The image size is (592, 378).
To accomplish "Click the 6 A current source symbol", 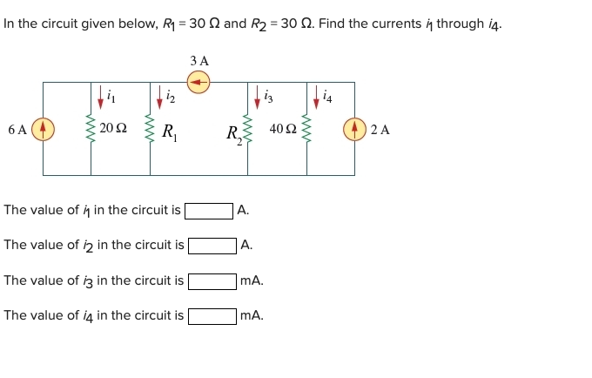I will tap(43, 129).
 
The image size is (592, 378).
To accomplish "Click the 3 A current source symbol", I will tap(199, 83).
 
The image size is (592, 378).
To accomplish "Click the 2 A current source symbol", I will tap(354, 129).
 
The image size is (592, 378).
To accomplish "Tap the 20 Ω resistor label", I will tap(113, 129).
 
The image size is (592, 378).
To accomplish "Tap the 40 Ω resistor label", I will tap(283, 129).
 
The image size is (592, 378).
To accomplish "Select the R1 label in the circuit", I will tap(170, 132).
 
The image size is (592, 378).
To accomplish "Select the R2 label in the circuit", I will tap(232, 134).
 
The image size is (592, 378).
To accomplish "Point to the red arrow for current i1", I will tap(100, 98).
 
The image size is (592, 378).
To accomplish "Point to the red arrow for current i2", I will tap(160, 98).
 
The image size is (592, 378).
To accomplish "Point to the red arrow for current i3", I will tap(257, 98).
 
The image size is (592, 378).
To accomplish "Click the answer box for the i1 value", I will tap(209, 210).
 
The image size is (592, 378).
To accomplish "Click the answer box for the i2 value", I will tap(212, 246).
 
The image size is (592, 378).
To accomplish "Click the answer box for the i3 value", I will tap(212, 281).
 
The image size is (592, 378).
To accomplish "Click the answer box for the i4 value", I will tap(212, 316).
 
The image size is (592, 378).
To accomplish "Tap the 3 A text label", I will tap(199, 61).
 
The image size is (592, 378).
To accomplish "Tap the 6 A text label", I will tap(17, 130).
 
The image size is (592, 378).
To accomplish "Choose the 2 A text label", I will tap(380, 130).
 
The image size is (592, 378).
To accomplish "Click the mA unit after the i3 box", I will tap(252, 281).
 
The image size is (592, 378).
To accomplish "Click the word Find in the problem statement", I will tap(333, 24).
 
